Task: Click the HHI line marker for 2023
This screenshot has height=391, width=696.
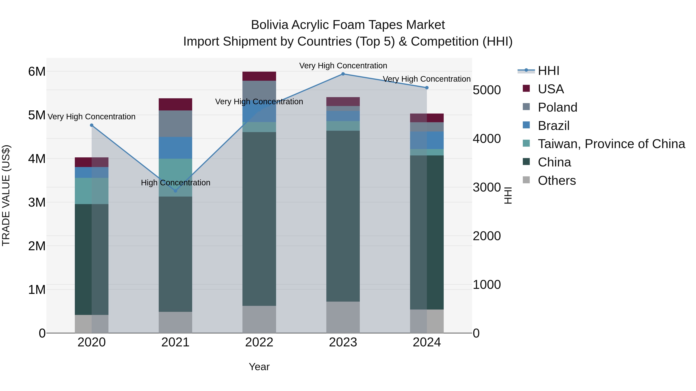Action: pyautogui.click(x=343, y=74)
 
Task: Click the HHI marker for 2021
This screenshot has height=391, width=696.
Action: pyautogui.click(x=175, y=191)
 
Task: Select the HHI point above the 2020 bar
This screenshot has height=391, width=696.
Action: pyautogui.click(x=92, y=125)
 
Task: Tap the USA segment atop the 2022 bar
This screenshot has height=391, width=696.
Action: pyautogui.click(x=259, y=76)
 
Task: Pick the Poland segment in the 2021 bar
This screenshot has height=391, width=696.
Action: pyautogui.click(x=175, y=124)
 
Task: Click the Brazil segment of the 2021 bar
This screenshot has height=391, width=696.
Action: pyautogui.click(x=175, y=148)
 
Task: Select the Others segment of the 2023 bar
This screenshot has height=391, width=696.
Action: pyautogui.click(x=343, y=317)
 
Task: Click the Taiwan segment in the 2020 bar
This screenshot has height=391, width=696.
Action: pyautogui.click(x=92, y=191)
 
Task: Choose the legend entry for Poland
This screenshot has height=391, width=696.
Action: pyautogui.click(x=557, y=107)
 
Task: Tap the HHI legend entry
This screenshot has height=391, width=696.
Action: pyautogui.click(x=548, y=71)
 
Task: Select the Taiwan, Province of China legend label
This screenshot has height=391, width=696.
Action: pyautogui.click(x=611, y=144)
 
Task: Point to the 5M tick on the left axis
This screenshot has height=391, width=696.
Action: pyautogui.click(x=37, y=115)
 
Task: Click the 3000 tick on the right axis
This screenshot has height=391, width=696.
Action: pyautogui.click(x=487, y=187)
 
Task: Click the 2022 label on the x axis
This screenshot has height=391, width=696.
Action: pyautogui.click(x=259, y=342)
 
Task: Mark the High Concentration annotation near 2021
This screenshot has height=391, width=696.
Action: pyautogui.click(x=175, y=183)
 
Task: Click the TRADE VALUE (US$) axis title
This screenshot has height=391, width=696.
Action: pyautogui.click(x=6, y=195)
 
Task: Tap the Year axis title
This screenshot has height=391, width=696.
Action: pyautogui.click(x=259, y=367)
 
